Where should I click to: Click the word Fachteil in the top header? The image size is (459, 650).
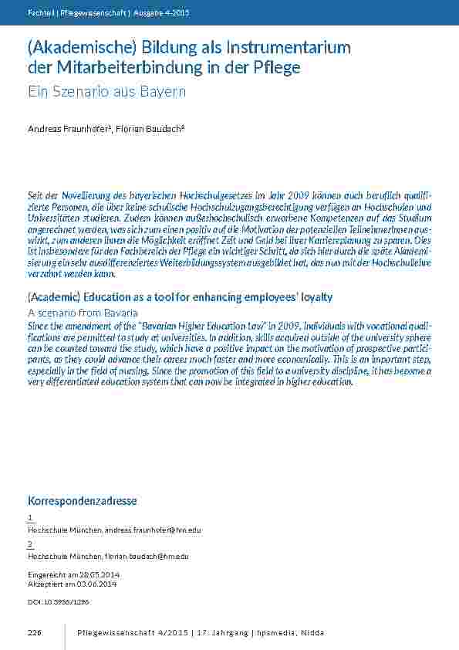tap(39, 13)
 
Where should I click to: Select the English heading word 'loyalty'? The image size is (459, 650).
tap(311, 297)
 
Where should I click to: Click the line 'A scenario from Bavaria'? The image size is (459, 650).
tap(83, 313)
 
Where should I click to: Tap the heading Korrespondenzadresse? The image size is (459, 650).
tap(82, 500)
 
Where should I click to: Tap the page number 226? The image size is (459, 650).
tap(34, 633)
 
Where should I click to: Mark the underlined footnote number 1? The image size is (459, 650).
tap(30, 518)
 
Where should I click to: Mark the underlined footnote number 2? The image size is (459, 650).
tap(30, 543)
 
